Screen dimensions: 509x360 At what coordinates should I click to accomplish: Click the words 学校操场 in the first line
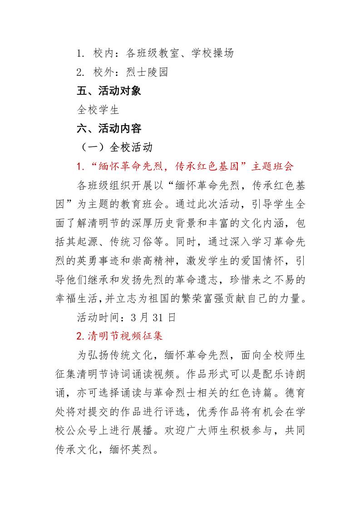(212, 54)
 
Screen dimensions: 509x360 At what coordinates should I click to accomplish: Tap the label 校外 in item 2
(104, 72)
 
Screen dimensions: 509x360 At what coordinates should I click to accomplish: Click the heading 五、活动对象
(109, 91)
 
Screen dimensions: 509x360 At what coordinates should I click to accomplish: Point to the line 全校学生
(98, 110)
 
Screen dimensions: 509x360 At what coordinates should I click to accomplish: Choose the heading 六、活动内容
(109, 129)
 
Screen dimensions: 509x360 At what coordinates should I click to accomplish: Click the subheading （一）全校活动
(117, 147)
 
